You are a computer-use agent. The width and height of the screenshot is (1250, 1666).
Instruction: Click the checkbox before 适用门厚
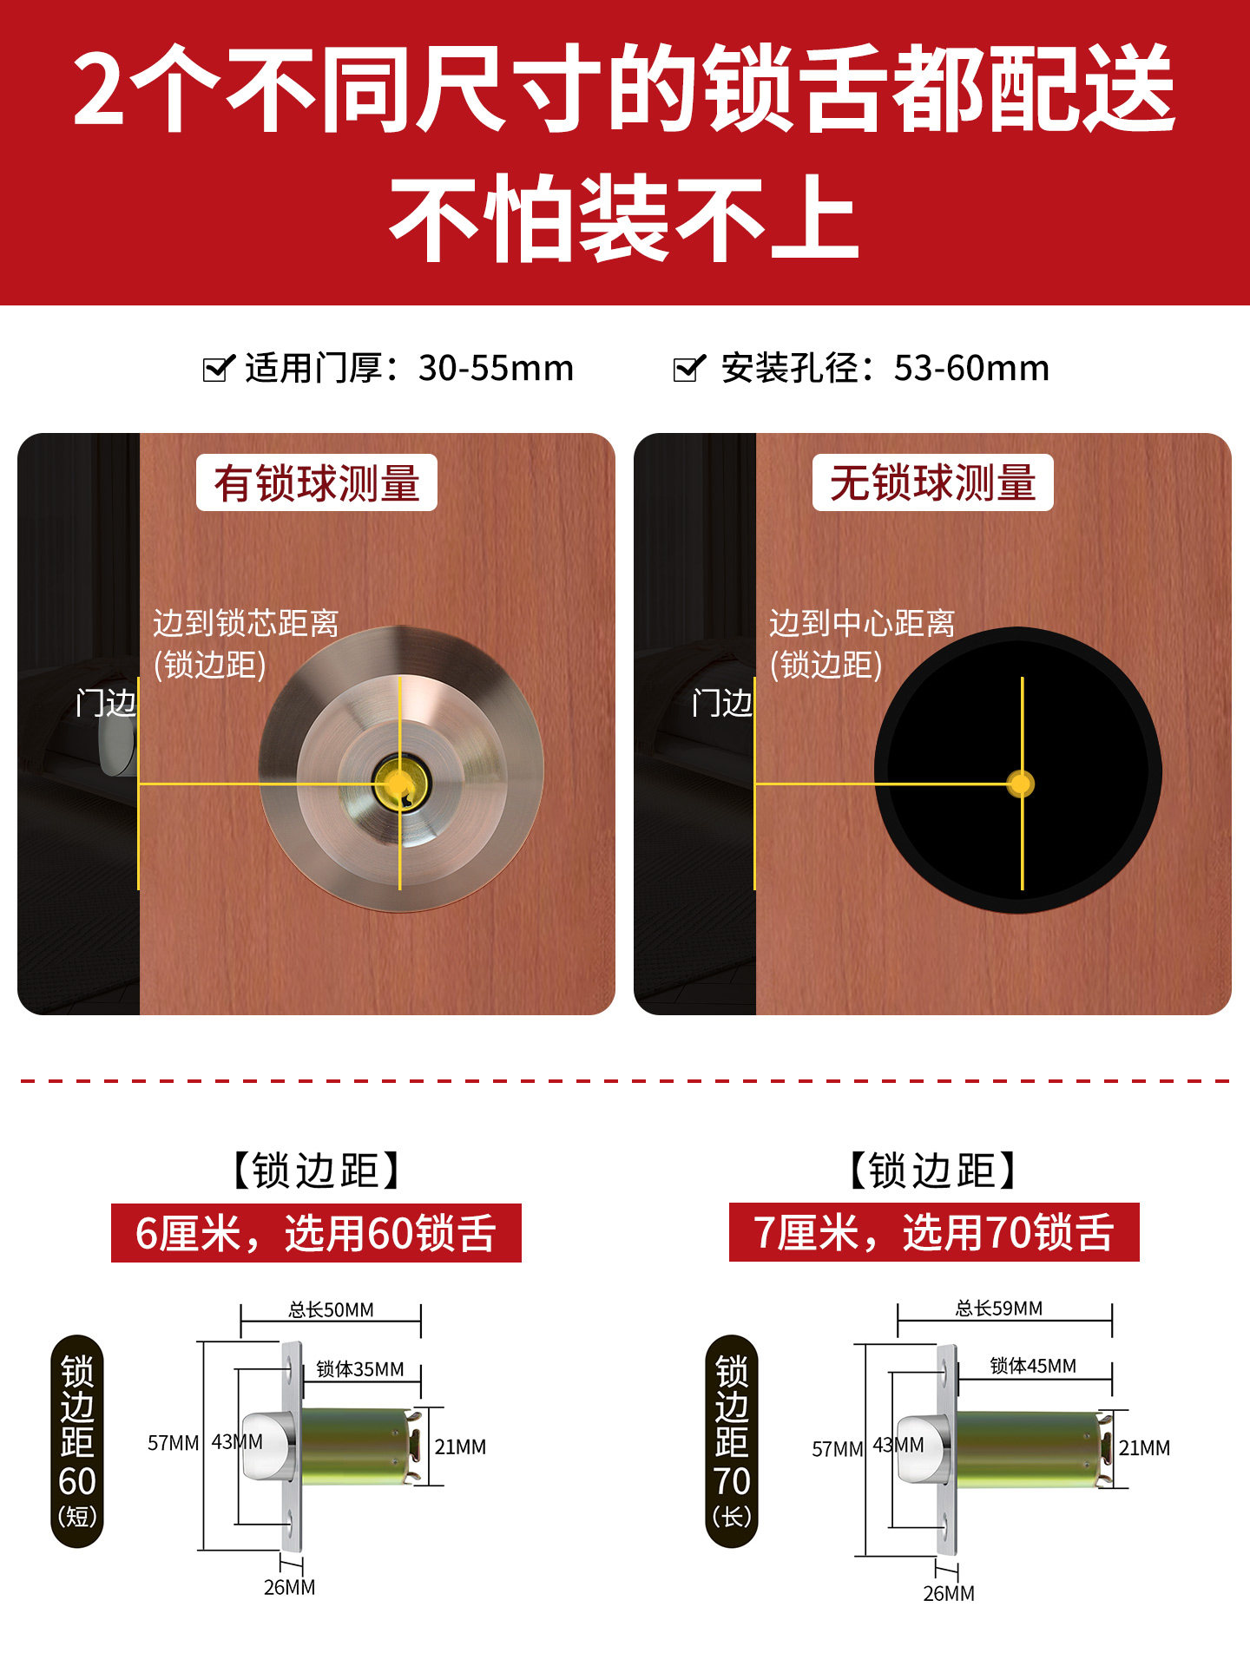(x=218, y=368)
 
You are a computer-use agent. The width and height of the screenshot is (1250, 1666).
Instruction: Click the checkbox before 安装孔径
(x=689, y=368)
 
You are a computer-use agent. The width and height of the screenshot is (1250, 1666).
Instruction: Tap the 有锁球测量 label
(x=317, y=482)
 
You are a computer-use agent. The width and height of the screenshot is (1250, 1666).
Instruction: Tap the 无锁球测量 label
(x=932, y=482)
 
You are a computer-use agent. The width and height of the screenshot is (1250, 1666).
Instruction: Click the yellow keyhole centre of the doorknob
(x=400, y=784)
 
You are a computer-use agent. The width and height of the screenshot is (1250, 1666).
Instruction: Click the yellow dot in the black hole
(x=1022, y=784)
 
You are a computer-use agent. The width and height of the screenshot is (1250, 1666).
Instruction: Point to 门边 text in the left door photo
(x=106, y=703)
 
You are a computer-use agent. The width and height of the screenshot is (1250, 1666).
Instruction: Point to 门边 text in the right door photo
(x=722, y=703)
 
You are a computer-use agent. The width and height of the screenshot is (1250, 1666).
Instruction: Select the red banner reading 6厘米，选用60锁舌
(x=316, y=1233)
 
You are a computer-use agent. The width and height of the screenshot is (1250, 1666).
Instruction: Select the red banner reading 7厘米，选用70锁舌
(x=933, y=1232)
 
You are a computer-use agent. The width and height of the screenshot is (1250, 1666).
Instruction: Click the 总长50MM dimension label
(x=331, y=1309)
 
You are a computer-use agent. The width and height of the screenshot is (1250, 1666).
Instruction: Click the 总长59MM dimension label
(x=998, y=1308)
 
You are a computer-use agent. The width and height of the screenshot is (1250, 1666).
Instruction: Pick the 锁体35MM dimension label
(x=359, y=1369)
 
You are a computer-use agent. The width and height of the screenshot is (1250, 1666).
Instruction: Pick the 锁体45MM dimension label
(x=1033, y=1366)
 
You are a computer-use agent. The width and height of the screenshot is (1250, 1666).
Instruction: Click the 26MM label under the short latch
(x=289, y=1587)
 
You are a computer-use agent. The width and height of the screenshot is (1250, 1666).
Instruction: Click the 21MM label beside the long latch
(x=1144, y=1447)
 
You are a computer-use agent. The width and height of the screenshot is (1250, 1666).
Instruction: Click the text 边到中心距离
(x=861, y=623)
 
